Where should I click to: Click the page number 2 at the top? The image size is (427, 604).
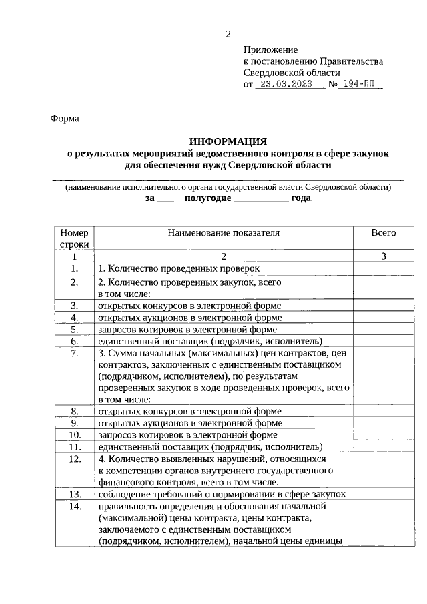(x=228, y=34)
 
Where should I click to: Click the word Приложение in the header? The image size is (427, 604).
(x=270, y=49)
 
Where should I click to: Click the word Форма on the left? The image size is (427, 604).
(x=65, y=119)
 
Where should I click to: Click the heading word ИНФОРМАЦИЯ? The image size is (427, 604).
(x=228, y=141)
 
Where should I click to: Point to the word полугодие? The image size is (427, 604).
(x=207, y=198)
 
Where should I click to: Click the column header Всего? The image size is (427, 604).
(x=384, y=233)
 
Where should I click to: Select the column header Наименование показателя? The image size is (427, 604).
(x=224, y=233)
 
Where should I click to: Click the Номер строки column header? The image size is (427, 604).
(x=74, y=238)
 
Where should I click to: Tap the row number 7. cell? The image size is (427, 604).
(x=74, y=353)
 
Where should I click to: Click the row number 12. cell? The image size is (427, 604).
(x=74, y=459)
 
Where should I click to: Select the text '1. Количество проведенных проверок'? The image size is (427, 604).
(x=177, y=268)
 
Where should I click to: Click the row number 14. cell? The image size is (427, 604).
(x=74, y=506)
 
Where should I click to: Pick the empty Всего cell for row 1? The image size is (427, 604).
(x=384, y=268)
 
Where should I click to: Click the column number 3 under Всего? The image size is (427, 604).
(x=384, y=256)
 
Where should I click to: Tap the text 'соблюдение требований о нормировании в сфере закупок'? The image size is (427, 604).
(x=222, y=494)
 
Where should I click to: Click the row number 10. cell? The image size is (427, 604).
(x=74, y=435)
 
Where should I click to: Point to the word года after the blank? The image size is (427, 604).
(x=301, y=198)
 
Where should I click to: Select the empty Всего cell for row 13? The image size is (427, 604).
(x=384, y=494)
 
